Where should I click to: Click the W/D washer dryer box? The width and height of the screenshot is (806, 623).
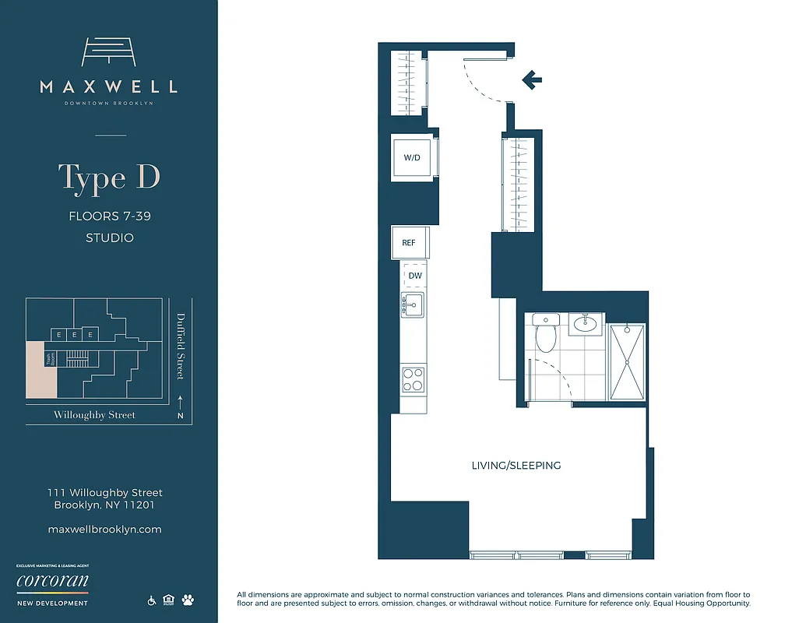[x=412, y=157]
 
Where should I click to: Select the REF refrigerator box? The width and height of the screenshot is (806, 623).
[x=409, y=242]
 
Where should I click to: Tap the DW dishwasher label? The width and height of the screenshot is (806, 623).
[x=414, y=275]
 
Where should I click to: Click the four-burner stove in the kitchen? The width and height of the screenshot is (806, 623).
[x=413, y=379]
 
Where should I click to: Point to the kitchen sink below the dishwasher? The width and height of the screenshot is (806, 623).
[x=410, y=304]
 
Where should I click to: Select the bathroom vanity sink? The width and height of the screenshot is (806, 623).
[x=586, y=324]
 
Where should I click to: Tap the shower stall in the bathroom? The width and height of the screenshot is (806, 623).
[x=627, y=362]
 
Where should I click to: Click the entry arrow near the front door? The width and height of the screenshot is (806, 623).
[x=532, y=79]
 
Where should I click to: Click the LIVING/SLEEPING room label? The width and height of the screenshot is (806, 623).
[x=516, y=466]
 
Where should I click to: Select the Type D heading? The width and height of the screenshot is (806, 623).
[x=109, y=178]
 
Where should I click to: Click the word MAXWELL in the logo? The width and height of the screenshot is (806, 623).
[x=109, y=86]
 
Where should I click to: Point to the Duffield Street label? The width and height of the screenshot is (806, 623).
[x=181, y=346]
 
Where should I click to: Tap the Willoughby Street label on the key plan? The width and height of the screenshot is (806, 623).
[x=94, y=415]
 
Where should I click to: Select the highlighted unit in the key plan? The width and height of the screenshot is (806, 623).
[x=40, y=370]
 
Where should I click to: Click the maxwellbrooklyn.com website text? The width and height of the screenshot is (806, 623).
[x=104, y=529]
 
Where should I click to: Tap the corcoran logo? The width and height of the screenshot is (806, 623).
[x=52, y=582]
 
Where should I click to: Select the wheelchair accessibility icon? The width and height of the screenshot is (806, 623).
[x=151, y=600]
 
